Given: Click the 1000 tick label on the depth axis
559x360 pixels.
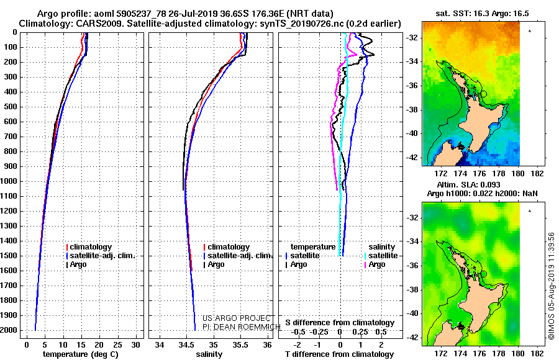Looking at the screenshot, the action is click(x=9, y=181).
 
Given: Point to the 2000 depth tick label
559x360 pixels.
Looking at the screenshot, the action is click(x=9, y=330).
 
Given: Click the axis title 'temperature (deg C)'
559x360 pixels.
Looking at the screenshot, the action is click(x=81, y=354).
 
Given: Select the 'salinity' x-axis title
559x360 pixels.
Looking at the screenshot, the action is click(x=209, y=354).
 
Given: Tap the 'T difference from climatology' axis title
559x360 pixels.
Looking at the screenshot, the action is click(x=339, y=354).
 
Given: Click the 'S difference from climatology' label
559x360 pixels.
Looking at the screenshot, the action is click(x=340, y=323).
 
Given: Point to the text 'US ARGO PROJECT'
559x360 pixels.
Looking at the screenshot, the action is click(x=237, y=318).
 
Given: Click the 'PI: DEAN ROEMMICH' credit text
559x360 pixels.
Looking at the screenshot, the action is click(x=242, y=327).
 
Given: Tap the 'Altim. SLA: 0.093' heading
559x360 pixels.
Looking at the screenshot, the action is click(x=468, y=185).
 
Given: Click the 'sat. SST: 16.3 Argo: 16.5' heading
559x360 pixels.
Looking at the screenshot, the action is click(x=482, y=14).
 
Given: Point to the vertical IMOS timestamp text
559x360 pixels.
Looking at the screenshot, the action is click(x=552, y=286).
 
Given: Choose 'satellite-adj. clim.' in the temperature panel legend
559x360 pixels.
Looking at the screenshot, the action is click(x=101, y=256).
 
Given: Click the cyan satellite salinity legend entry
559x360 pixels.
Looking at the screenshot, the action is click(x=381, y=256).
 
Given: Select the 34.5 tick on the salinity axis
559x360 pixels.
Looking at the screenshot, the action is click(x=186, y=345).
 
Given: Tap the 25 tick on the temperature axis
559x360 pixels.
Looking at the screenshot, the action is click(x=117, y=345).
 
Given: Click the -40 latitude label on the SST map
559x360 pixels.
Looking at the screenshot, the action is click(x=412, y=133).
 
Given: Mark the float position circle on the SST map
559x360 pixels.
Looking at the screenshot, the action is click(x=484, y=94).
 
